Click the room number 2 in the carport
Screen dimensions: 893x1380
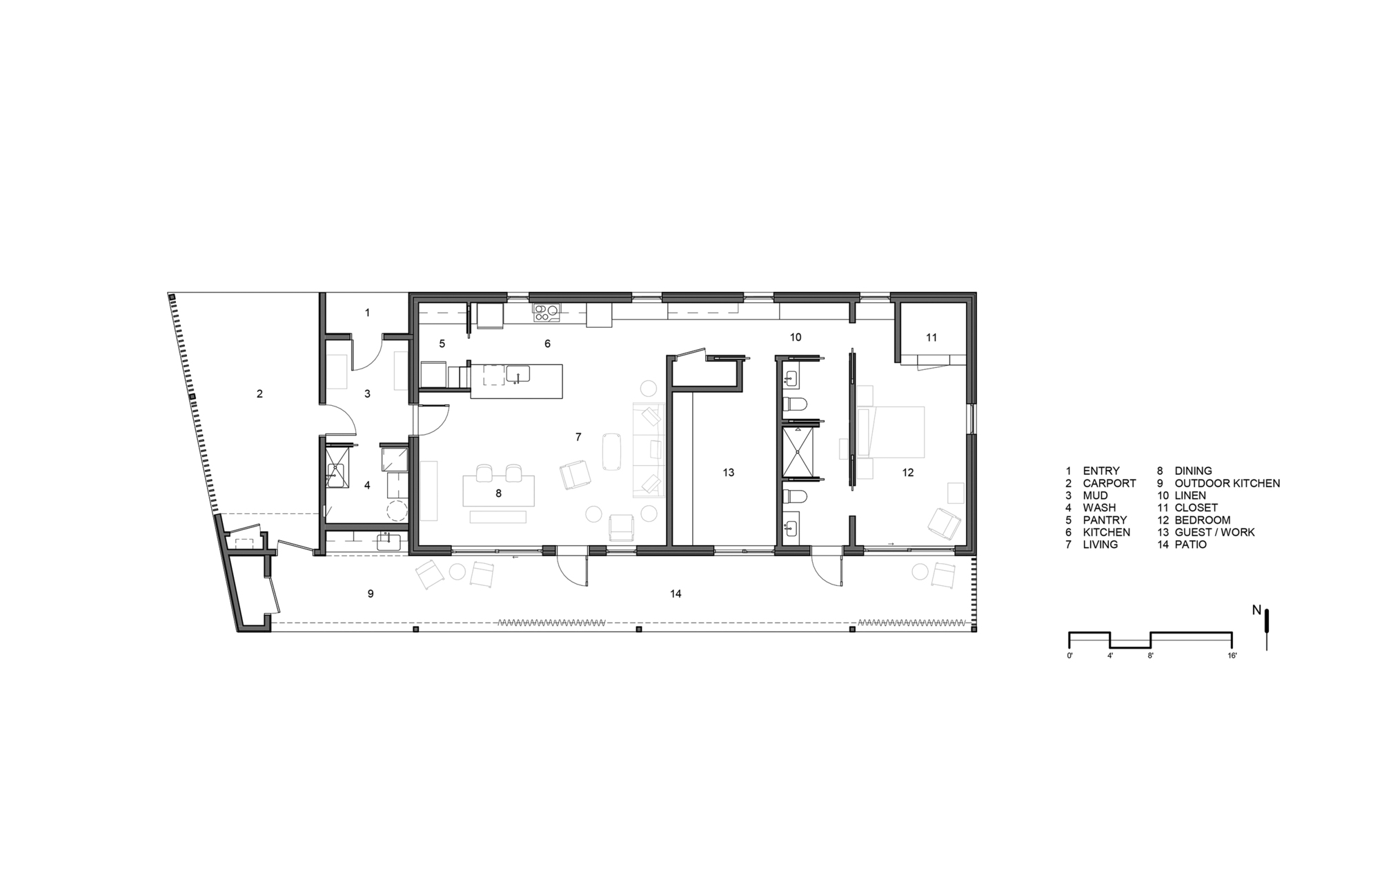pyautogui.click(x=259, y=394)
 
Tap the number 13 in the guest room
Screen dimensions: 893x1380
pyautogui.click(x=729, y=473)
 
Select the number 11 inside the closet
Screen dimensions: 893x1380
pyautogui.click(x=931, y=337)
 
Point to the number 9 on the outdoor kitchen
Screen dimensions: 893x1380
pyautogui.click(x=371, y=593)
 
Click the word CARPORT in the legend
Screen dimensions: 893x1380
pyautogui.click(x=1109, y=483)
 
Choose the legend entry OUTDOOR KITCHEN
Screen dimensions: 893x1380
pyautogui.click(x=1227, y=483)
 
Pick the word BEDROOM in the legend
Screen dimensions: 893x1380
pyautogui.click(x=1202, y=520)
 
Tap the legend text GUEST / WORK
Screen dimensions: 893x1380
pyautogui.click(x=1214, y=532)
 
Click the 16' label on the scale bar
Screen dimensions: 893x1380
pyautogui.click(x=1232, y=656)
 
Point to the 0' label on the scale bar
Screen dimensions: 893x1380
pyautogui.click(x=1069, y=656)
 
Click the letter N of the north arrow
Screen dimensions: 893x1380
pyautogui.click(x=1256, y=610)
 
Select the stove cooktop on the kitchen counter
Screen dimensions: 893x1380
pyautogui.click(x=546, y=313)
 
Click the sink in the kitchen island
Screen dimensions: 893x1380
pyautogui.click(x=517, y=374)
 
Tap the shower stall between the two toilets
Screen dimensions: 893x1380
pyautogui.click(x=800, y=452)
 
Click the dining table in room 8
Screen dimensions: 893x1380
pyautogui.click(x=498, y=491)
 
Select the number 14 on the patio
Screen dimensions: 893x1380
pyautogui.click(x=676, y=593)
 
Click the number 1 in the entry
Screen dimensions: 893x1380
pyautogui.click(x=367, y=313)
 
